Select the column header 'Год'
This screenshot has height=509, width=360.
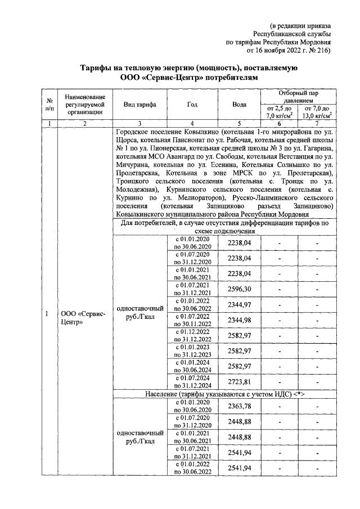(192, 105)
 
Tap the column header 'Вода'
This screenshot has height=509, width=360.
(239, 105)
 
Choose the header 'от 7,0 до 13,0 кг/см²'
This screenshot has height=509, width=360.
(317, 112)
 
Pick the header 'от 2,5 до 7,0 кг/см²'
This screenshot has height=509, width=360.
(279, 112)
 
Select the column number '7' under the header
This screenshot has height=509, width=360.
(317, 124)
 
